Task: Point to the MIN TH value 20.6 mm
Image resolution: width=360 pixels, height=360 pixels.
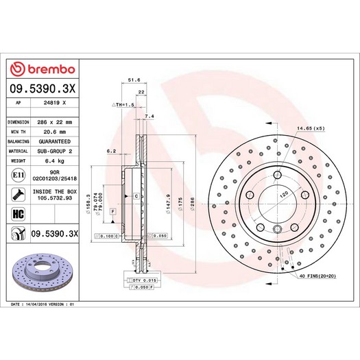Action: point(55,131)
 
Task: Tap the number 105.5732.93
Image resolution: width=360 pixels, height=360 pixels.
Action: point(55,198)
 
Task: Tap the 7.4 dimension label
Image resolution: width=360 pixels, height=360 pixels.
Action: point(150,117)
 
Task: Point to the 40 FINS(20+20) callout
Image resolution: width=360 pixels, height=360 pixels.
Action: point(317,276)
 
